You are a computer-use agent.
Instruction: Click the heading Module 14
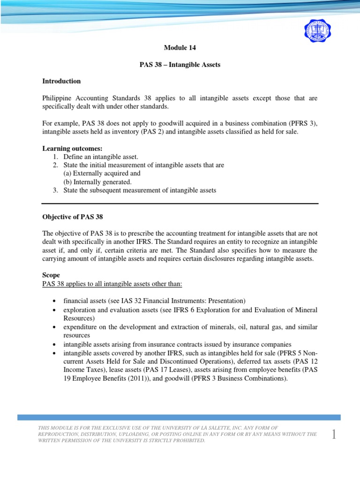[x=180, y=48]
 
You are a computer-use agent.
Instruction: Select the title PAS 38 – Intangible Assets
[x=180, y=65]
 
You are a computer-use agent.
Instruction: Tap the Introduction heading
[x=61, y=81]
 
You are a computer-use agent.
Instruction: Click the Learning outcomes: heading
[x=72, y=149]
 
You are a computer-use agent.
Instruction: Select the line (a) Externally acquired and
[x=102, y=173]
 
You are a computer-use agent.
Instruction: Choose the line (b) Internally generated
[x=97, y=182]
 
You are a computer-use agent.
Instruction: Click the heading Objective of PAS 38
[x=72, y=217]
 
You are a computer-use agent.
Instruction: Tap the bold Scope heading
[x=51, y=275]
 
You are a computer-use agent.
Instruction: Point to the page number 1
[x=334, y=435]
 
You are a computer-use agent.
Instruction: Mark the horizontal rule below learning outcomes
[x=180, y=203]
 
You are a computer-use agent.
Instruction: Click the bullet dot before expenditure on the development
[x=55, y=327]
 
